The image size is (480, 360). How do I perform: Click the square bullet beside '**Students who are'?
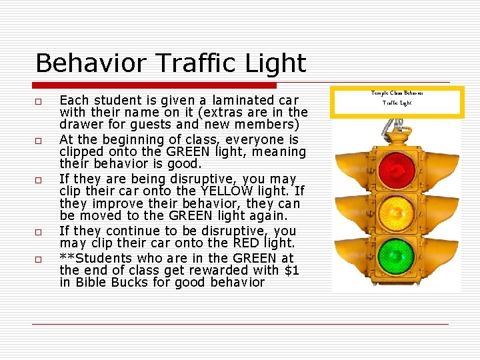(39, 259)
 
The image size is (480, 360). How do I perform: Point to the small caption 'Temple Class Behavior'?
(397, 93)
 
